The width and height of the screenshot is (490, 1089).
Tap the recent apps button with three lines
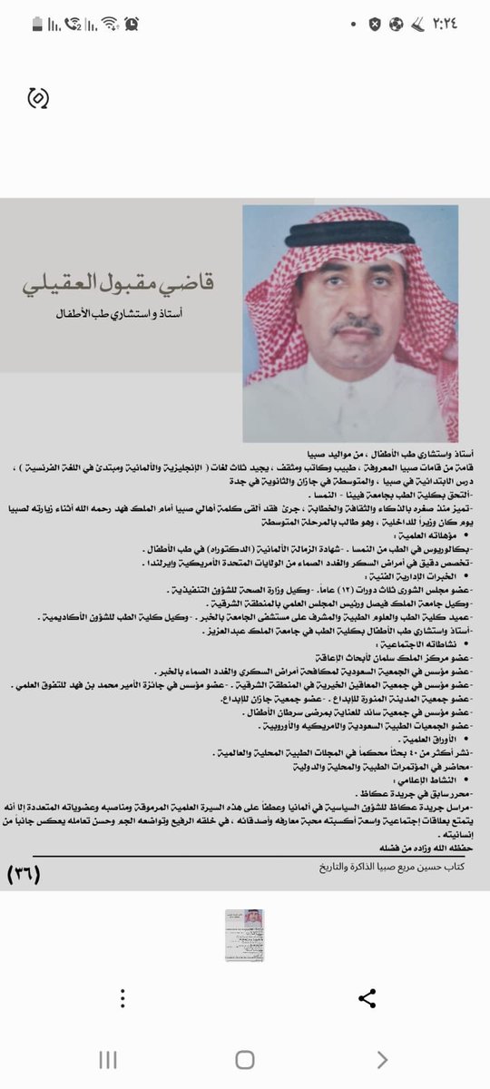(108, 1060)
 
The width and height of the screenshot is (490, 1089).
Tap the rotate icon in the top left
(38, 97)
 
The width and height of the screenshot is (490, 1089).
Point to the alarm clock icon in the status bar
(132, 23)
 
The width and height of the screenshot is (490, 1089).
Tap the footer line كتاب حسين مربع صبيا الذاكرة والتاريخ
(388, 867)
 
